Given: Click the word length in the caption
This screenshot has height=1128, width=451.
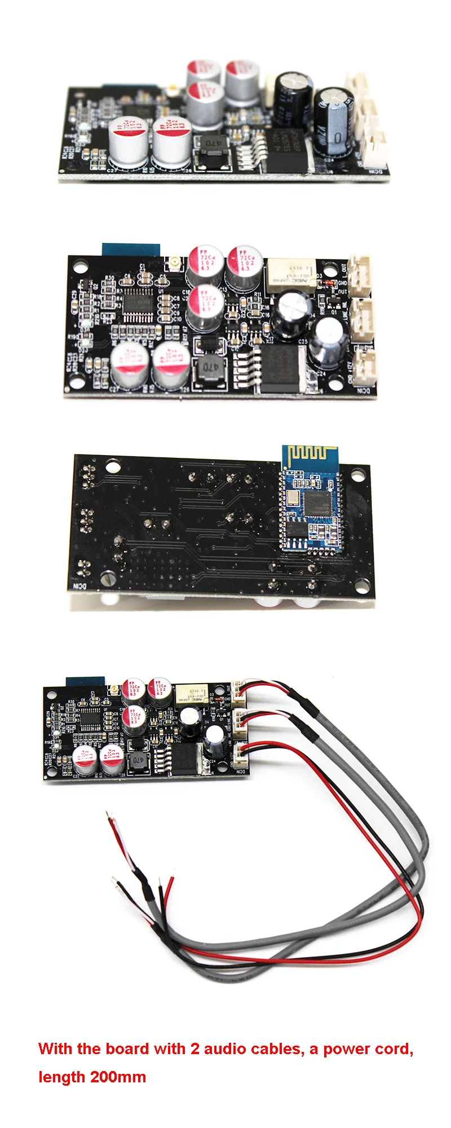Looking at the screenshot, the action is [x=62, y=1077].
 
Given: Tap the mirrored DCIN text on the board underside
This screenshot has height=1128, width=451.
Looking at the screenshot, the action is [x=78, y=586].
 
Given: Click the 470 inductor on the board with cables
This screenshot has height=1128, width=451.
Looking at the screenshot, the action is [x=137, y=761].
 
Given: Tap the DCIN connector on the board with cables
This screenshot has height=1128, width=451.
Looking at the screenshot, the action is [x=240, y=755].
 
